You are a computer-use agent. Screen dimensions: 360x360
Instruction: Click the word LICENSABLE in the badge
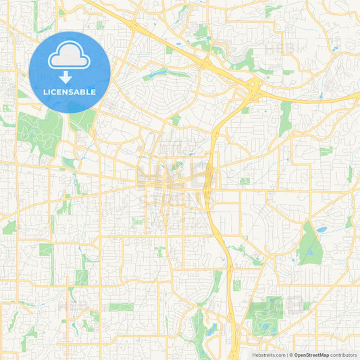coord(70,92)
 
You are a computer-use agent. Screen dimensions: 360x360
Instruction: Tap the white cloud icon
coord(70,56)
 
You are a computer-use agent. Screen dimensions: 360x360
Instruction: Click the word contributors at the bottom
coord(343,355)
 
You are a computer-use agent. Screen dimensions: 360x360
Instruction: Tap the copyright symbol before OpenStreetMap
coord(291,355)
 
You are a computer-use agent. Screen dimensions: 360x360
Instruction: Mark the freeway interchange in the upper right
coord(254,85)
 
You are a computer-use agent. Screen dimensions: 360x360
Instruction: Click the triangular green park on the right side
coord(309,245)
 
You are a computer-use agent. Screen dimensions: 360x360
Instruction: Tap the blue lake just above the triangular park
coord(322,230)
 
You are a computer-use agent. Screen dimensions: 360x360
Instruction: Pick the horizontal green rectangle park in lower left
coord(121,307)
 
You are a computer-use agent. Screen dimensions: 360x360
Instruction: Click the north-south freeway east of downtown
coord(213,176)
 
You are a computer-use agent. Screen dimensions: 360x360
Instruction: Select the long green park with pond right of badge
coord(162,73)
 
